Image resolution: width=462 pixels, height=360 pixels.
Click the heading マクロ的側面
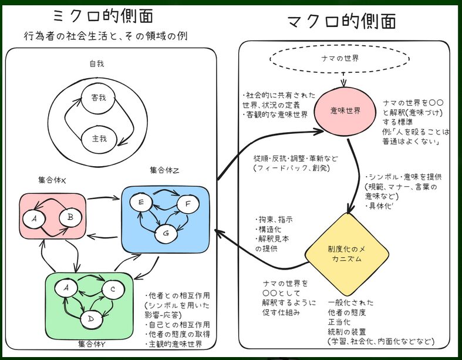342,22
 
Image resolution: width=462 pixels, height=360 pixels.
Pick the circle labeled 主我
99,139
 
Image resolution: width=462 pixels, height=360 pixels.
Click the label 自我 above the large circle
96,63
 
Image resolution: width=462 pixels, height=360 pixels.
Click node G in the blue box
166,233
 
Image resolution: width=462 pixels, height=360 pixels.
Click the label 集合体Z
165,170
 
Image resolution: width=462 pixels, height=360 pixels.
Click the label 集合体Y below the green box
92,343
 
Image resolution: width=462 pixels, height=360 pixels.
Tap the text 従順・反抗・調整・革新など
292,158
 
